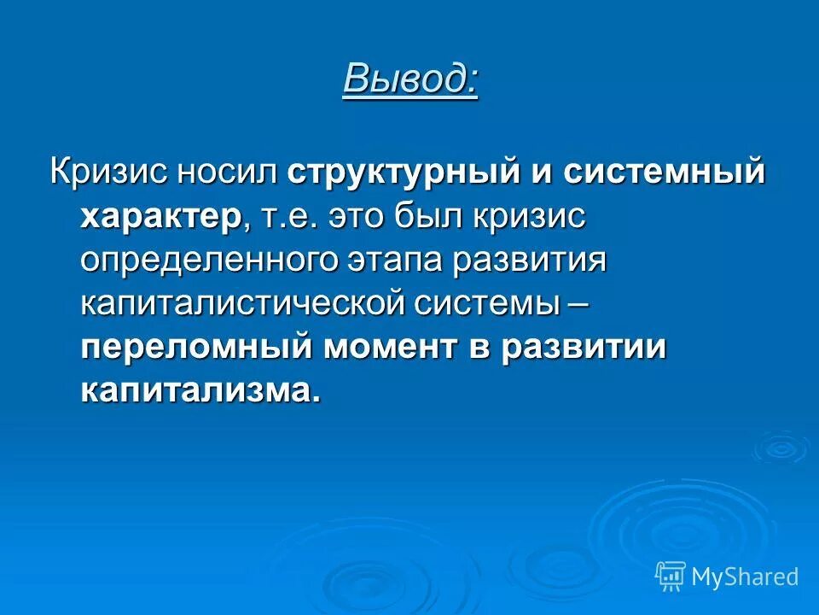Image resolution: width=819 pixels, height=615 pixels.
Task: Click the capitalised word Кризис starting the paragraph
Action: coord(108,170)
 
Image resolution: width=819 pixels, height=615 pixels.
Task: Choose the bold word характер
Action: coord(161,215)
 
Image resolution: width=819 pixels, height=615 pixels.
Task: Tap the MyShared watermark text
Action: coord(745,577)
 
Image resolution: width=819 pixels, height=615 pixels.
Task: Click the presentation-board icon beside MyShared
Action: coord(670,577)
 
